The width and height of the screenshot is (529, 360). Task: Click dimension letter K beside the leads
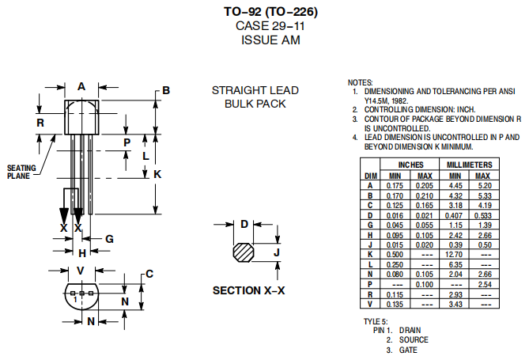click(157, 173)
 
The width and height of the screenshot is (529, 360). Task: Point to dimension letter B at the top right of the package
click(166, 91)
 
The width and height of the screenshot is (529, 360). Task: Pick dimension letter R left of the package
click(40, 123)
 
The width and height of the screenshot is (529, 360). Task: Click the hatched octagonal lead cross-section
click(244, 252)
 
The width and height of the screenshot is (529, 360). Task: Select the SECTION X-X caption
click(248, 290)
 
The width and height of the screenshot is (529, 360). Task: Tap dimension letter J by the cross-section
click(277, 252)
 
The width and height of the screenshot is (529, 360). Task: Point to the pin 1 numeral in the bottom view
click(74, 300)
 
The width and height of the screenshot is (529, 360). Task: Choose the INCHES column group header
click(410, 165)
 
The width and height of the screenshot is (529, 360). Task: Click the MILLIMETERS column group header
click(470, 165)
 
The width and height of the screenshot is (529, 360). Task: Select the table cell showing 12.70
click(455, 255)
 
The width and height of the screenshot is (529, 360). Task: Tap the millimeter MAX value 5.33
click(484, 195)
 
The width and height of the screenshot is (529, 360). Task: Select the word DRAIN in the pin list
click(410, 330)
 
